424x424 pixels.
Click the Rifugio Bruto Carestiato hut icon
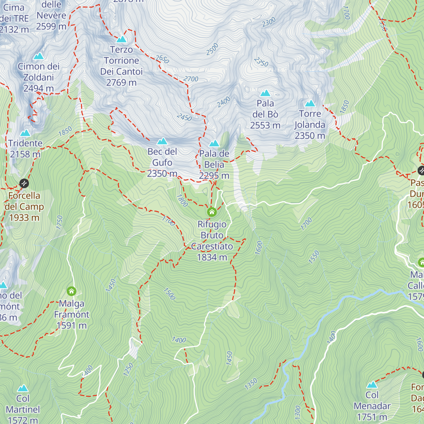(212, 212)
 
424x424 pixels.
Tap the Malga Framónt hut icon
(71, 291)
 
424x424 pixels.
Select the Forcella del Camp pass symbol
(24, 183)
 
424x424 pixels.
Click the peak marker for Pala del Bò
(265, 93)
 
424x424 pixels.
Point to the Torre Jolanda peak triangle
(310, 104)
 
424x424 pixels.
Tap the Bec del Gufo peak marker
(162, 141)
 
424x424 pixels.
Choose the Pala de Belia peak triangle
(214, 143)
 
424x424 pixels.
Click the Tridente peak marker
(25, 133)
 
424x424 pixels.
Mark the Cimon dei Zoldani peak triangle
(38, 56)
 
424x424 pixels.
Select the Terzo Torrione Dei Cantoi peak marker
(122, 39)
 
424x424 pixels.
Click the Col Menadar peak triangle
(372, 385)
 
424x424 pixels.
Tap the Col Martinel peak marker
(23, 388)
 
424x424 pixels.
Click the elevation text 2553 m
(265, 125)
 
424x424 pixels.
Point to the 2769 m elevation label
(121, 83)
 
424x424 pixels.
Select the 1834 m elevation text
(212, 257)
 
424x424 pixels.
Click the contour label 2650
(162, 59)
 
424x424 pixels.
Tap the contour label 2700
(191, 79)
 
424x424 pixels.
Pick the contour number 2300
(269, 22)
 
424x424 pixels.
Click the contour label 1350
(251, 384)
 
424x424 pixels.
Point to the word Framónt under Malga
(72, 314)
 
